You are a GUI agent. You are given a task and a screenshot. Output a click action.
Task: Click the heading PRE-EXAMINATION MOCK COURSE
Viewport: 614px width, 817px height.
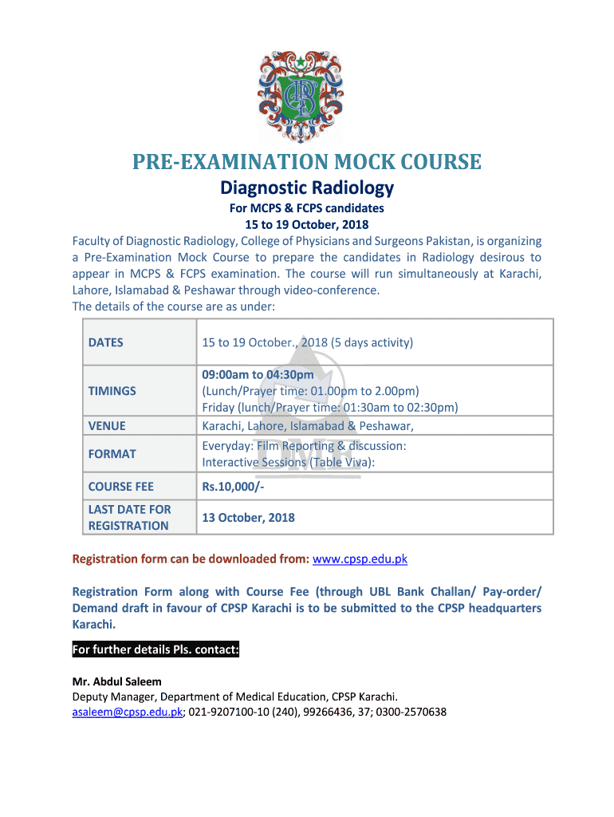306,163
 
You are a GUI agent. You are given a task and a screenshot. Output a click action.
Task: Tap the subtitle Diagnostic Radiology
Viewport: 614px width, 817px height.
307,188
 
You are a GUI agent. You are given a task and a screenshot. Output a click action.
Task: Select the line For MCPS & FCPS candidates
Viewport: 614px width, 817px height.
307,208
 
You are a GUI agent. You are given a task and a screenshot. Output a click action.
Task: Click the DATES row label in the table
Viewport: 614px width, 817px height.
105,342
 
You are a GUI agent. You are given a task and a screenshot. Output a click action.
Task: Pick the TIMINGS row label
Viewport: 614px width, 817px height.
112,391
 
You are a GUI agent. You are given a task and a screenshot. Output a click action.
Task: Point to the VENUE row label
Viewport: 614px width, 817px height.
107,426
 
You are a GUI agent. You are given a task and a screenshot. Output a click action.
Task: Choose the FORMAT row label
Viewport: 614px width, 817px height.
112,453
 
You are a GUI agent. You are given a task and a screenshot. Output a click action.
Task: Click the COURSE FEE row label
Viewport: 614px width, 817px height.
120,487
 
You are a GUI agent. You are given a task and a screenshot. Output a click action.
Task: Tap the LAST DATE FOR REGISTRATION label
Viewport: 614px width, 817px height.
128,517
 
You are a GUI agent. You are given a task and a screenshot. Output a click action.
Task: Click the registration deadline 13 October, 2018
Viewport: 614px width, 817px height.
248,517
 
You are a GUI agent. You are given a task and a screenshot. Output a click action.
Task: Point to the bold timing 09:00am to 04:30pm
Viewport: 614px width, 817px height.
258,375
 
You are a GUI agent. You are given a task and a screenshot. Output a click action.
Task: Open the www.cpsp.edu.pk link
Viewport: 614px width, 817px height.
360,559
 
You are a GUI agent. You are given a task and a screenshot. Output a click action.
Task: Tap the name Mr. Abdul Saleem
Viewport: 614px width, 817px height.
116,681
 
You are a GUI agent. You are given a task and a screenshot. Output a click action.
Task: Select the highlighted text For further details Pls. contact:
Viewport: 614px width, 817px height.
155,650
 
